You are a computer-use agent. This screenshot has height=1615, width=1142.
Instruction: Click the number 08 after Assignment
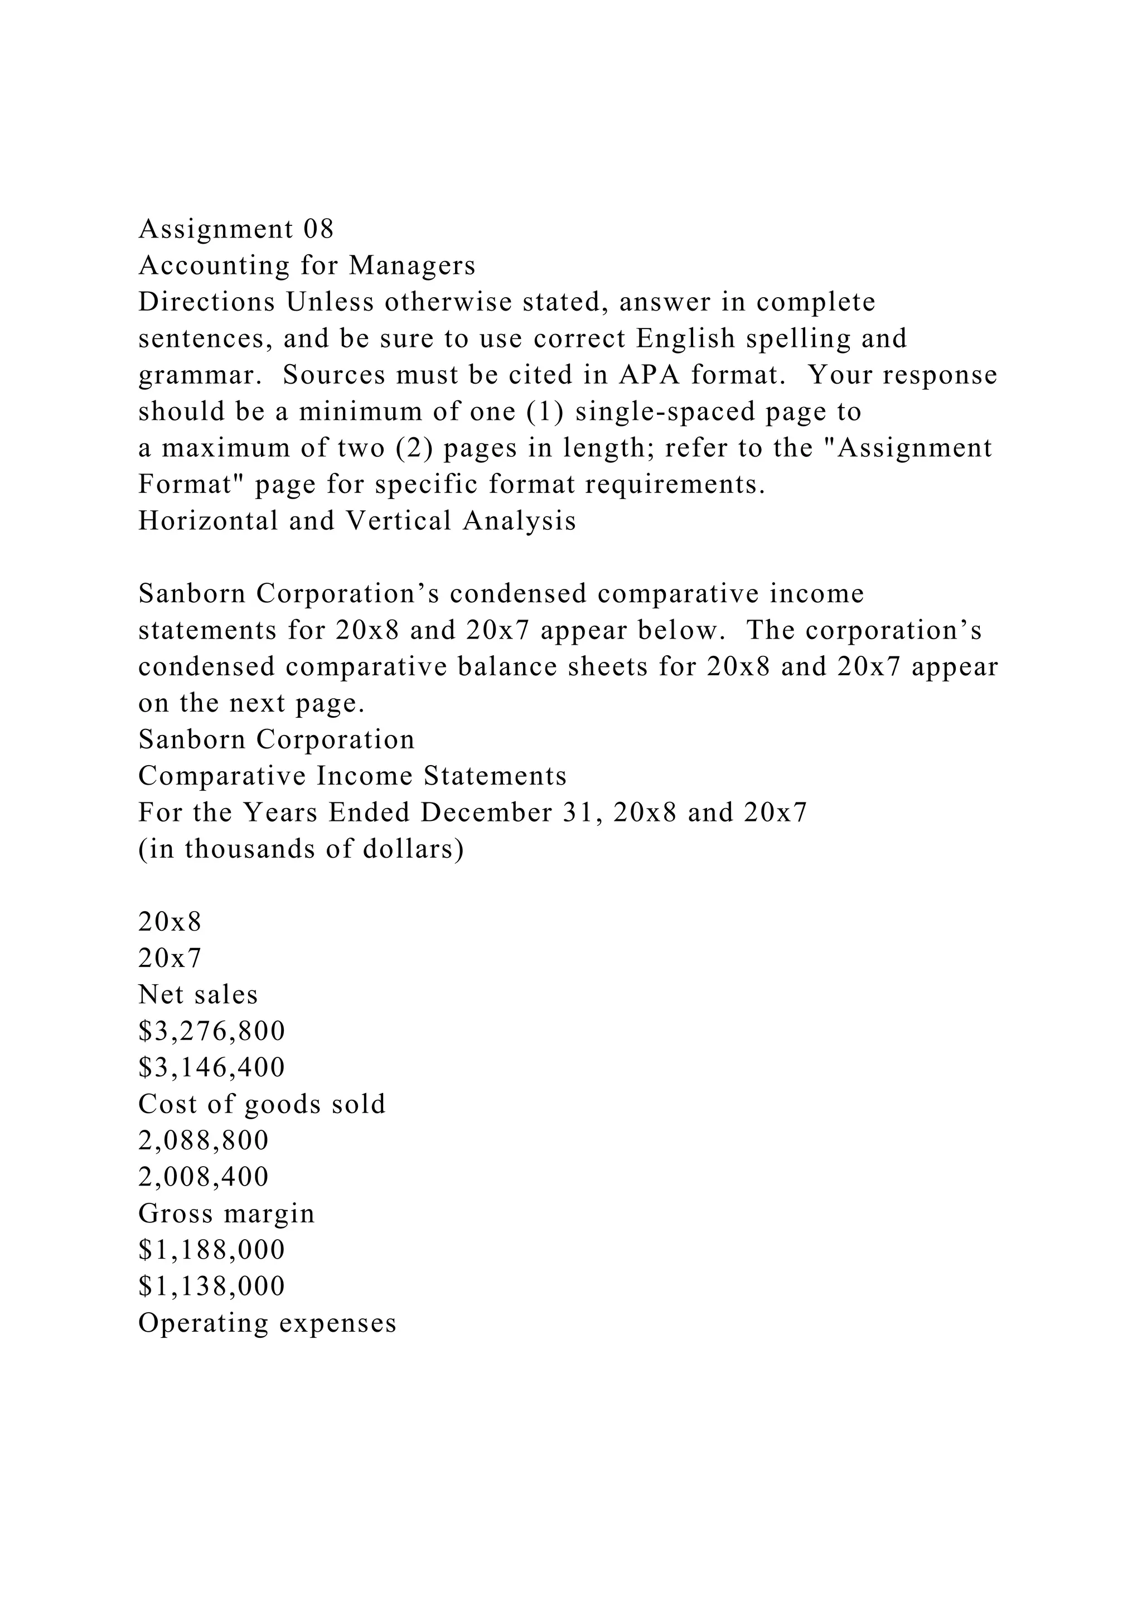point(318,229)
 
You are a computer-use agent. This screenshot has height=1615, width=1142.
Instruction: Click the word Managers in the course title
point(412,266)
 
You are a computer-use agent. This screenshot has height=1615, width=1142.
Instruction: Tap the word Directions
point(207,302)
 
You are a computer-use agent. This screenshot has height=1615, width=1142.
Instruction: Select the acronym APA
point(649,375)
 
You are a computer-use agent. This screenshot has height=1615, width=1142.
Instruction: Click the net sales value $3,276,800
point(212,1032)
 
